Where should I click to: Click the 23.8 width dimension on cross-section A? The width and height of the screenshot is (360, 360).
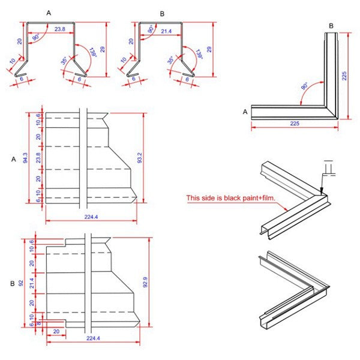tap(60, 29)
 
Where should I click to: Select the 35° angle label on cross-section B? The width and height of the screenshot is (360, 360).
tap(171, 61)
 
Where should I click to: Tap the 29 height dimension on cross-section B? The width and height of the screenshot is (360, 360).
tap(209, 50)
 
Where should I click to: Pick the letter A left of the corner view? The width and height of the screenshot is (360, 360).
tap(245, 112)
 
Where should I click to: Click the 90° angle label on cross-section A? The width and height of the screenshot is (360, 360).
tap(37, 37)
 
